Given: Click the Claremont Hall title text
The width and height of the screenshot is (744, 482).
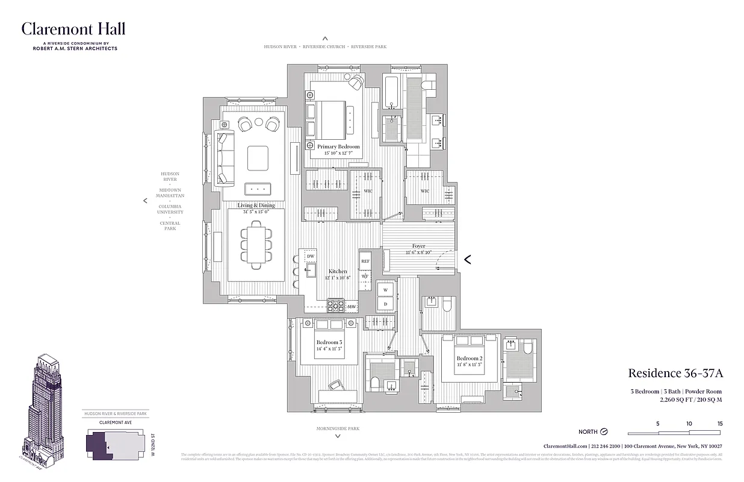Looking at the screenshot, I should (x=73, y=29).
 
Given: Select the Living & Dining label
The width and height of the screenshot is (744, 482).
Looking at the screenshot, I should (x=256, y=205).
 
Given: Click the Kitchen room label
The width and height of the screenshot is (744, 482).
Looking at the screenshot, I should (x=337, y=272).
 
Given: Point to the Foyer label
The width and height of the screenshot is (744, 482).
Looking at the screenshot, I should (x=418, y=246).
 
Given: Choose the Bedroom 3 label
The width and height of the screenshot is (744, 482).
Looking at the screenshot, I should (x=329, y=342).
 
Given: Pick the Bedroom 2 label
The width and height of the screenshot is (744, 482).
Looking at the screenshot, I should (x=469, y=358).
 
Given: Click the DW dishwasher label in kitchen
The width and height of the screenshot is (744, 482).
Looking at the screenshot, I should (x=311, y=257).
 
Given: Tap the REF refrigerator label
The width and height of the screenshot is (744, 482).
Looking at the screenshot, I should (x=365, y=261).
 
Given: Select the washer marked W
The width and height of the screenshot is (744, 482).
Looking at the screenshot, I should (x=385, y=290).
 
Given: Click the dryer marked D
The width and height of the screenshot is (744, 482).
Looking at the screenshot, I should (x=385, y=304).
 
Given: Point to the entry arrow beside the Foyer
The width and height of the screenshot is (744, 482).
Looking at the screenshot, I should (x=467, y=260).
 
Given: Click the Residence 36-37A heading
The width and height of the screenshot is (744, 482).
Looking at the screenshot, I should (x=675, y=374).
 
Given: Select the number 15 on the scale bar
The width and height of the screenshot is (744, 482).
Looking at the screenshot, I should (x=719, y=424).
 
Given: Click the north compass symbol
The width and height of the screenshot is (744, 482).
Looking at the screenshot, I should (x=604, y=432).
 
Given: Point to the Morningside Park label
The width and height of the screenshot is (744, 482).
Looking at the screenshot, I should (x=338, y=428).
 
